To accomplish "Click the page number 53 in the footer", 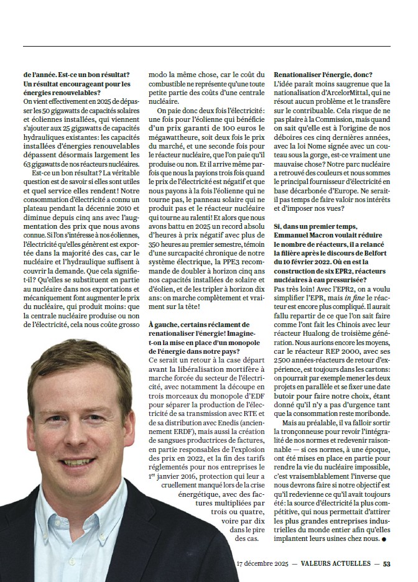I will coord(386,564).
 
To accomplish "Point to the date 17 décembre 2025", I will coord(262,564).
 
